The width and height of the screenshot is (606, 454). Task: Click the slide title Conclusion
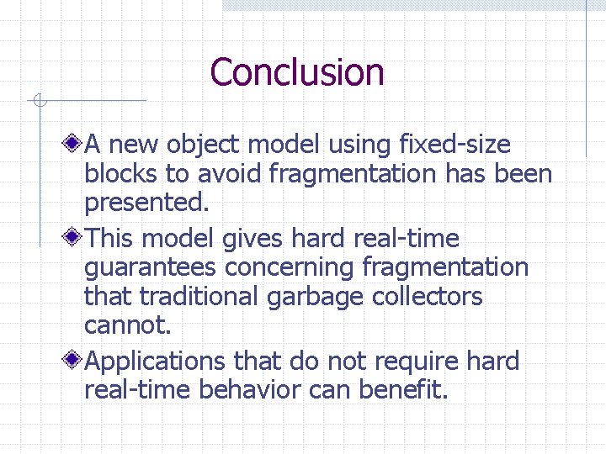[x=297, y=72]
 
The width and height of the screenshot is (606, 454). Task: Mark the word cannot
[x=119, y=325]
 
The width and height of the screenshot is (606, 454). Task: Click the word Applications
[x=156, y=362]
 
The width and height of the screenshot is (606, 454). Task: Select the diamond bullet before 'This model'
[x=75, y=239]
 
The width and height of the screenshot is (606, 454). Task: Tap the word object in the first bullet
[x=199, y=145]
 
